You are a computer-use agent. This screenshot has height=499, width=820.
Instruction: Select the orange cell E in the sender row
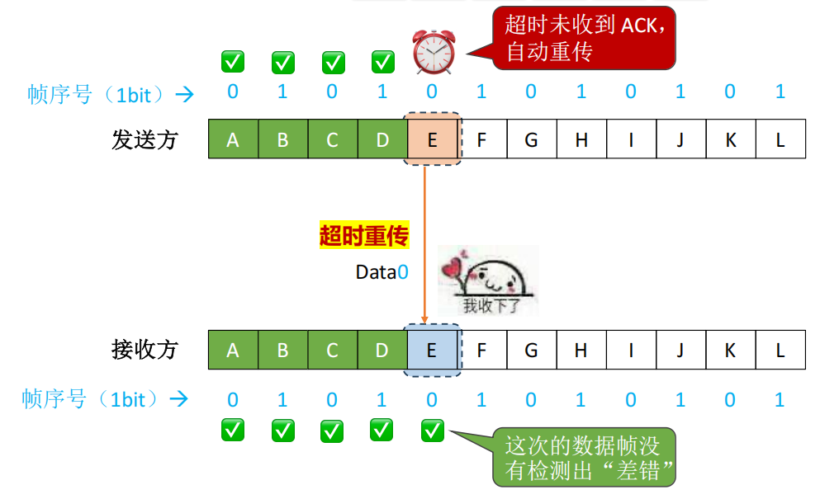432,139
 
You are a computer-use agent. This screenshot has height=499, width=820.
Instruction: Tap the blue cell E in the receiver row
432,351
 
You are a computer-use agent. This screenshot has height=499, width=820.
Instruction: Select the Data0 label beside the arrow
382,272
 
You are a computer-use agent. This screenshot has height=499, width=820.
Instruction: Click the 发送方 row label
145,139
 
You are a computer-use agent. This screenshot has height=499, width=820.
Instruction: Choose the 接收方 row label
145,350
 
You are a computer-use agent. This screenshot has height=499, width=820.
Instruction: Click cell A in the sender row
233,139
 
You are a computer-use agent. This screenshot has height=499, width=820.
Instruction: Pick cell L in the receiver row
780,351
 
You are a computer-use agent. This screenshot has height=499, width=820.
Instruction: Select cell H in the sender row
581,139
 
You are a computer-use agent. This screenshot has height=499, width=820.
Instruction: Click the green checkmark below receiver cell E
432,429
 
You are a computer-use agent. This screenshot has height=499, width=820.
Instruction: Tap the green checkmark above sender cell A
233,61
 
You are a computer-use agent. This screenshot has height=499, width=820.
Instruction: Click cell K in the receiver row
730,351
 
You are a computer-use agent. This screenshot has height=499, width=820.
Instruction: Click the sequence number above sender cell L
780,92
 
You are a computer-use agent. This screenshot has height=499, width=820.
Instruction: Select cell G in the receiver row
531,351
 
